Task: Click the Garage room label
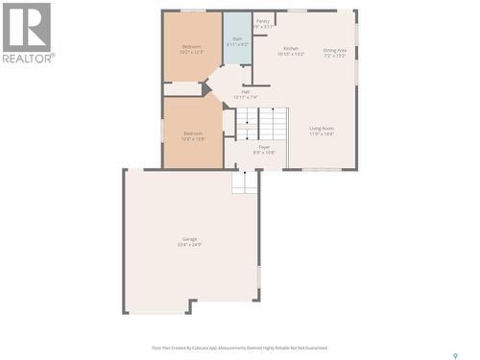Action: [x=190, y=238]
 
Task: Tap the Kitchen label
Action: [x=291, y=48]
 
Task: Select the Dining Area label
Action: [x=334, y=49]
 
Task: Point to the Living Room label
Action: [x=322, y=128]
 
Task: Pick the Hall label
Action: [x=246, y=91]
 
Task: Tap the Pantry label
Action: [x=263, y=20]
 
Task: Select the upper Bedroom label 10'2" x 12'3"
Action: [x=193, y=52]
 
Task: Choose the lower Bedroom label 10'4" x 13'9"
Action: [x=193, y=139]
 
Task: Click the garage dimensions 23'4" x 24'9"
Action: [x=190, y=245]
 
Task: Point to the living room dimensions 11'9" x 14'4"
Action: [x=322, y=134]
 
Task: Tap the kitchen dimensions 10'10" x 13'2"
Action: [x=291, y=55]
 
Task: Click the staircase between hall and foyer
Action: [x=262, y=122]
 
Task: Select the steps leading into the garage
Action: [x=246, y=180]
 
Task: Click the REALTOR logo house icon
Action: [x=26, y=27]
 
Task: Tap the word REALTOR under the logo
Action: [x=28, y=58]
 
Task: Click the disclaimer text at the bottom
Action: [x=240, y=348]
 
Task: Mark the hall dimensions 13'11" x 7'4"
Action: [x=246, y=98]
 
